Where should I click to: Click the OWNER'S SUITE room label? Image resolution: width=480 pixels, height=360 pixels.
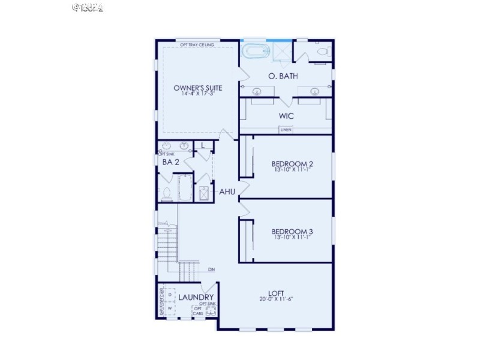(194, 88)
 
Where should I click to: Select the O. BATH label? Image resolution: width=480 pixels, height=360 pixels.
(283, 76)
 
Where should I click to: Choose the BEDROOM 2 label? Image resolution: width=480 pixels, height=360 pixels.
(292, 164)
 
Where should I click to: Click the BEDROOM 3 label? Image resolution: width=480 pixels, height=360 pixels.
(292, 231)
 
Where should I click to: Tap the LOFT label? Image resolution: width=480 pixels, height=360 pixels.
(277, 292)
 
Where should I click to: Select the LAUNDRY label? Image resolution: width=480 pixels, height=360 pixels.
(196, 297)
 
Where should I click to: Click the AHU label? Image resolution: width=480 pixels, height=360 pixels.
(226, 192)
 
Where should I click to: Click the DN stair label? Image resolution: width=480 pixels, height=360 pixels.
(211, 269)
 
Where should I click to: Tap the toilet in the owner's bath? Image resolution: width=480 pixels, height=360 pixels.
(321, 52)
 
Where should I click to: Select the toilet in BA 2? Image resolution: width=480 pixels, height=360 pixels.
(167, 193)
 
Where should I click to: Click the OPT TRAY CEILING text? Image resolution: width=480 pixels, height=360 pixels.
(197, 44)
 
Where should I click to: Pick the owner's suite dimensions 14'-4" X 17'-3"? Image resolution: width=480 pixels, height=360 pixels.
(194, 94)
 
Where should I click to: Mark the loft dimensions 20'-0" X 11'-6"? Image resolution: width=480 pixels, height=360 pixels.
(277, 299)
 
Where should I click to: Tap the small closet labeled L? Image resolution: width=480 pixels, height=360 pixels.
(203, 145)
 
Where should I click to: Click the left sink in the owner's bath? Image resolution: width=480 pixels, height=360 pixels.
(257, 92)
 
